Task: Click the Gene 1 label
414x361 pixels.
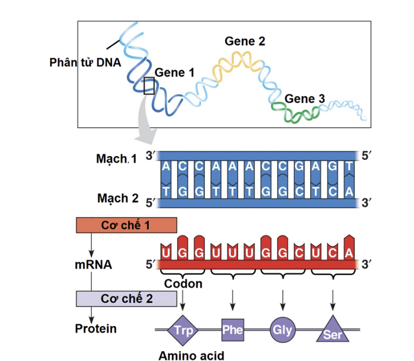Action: point(174,72)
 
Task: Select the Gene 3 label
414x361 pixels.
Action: point(305,99)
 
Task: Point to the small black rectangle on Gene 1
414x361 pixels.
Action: point(149,85)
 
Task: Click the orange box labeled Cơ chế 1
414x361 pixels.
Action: point(126,225)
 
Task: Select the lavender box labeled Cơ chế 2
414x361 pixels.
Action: point(126,298)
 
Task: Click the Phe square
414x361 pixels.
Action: point(233,329)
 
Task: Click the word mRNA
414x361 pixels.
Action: point(93,265)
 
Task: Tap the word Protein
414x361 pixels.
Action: point(96,329)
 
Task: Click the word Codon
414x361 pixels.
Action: point(183,284)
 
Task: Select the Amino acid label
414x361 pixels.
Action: point(191,356)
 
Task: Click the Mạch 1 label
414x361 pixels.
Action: point(116,159)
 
